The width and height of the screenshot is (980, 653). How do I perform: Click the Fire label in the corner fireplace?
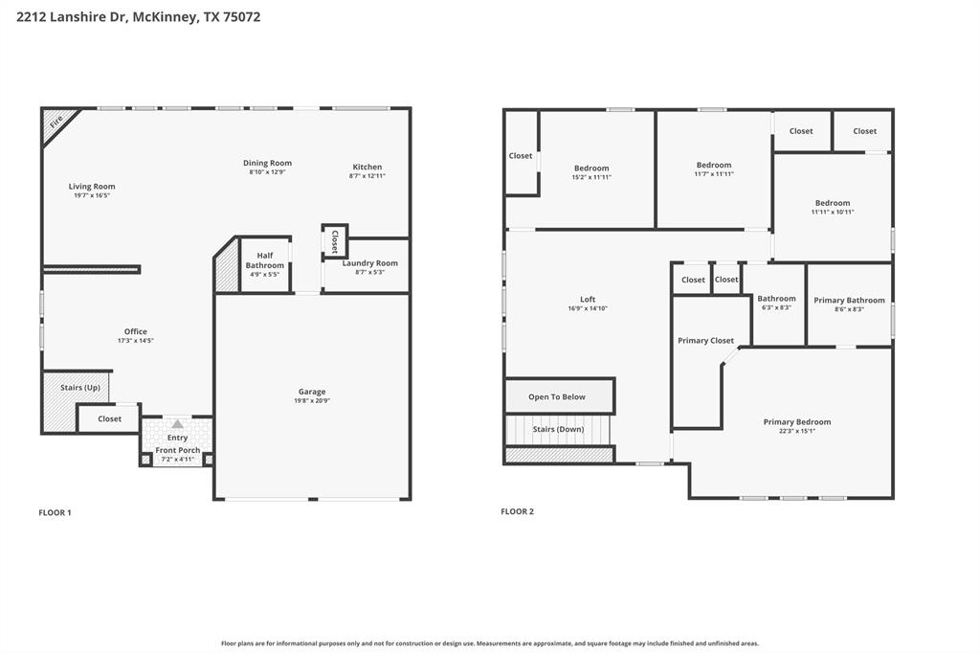coord(56,122)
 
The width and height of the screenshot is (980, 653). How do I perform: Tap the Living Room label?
coord(92,187)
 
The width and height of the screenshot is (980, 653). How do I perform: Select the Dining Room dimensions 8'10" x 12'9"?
coord(267,172)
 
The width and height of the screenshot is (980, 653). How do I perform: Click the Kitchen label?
coord(367,167)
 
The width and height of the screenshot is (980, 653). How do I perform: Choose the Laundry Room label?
coord(369,263)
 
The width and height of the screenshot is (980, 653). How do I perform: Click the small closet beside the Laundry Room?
coord(335,241)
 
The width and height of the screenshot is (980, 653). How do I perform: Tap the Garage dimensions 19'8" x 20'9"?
coord(312,400)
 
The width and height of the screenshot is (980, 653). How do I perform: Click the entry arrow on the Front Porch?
coord(177,424)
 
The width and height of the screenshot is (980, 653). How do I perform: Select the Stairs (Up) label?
coord(80,388)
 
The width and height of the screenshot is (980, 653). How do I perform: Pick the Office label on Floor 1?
coord(135,332)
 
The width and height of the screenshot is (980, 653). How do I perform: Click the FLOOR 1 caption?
coord(55,512)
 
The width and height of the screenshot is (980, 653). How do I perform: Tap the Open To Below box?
coord(557,396)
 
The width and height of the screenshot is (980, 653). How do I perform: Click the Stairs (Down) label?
coord(558,429)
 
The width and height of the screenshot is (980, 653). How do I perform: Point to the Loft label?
coord(588,299)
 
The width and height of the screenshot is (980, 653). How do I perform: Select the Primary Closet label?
coord(705,340)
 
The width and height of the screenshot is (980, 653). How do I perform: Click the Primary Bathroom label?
coord(849,300)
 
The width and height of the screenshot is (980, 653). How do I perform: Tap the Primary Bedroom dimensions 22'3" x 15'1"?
coord(796,431)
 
